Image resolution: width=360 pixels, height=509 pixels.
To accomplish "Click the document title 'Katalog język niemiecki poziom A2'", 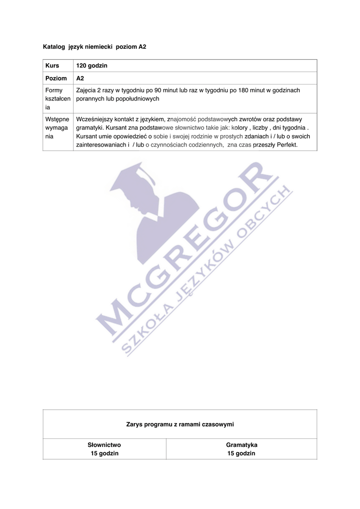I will click(x=95, y=47).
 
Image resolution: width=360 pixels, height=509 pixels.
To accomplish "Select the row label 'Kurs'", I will click(x=52, y=66).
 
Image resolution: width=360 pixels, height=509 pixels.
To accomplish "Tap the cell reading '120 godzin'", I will click(x=92, y=66).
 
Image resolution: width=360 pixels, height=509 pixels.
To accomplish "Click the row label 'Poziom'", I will click(x=56, y=79).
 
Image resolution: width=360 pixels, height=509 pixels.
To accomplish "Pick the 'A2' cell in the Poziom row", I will click(x=80, y=79).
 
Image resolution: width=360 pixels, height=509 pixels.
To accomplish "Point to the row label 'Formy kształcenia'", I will click(x=57, y=98).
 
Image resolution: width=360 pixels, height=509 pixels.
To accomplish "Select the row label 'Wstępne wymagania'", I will click(x=57, y=128).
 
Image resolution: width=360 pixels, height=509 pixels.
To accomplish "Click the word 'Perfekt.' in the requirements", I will click(x=286, y=145).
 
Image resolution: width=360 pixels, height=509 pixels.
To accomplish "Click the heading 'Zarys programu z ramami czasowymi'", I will click(x=180, y=424).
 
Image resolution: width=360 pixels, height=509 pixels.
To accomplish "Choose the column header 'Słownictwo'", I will click(x=104, y=445).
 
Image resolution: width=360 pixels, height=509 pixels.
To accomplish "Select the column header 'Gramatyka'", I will click(x=242, y=445).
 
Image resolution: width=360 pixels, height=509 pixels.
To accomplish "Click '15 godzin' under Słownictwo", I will click(x=104, y=454).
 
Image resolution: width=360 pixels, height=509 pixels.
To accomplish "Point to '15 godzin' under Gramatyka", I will click(x=242, y=454).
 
